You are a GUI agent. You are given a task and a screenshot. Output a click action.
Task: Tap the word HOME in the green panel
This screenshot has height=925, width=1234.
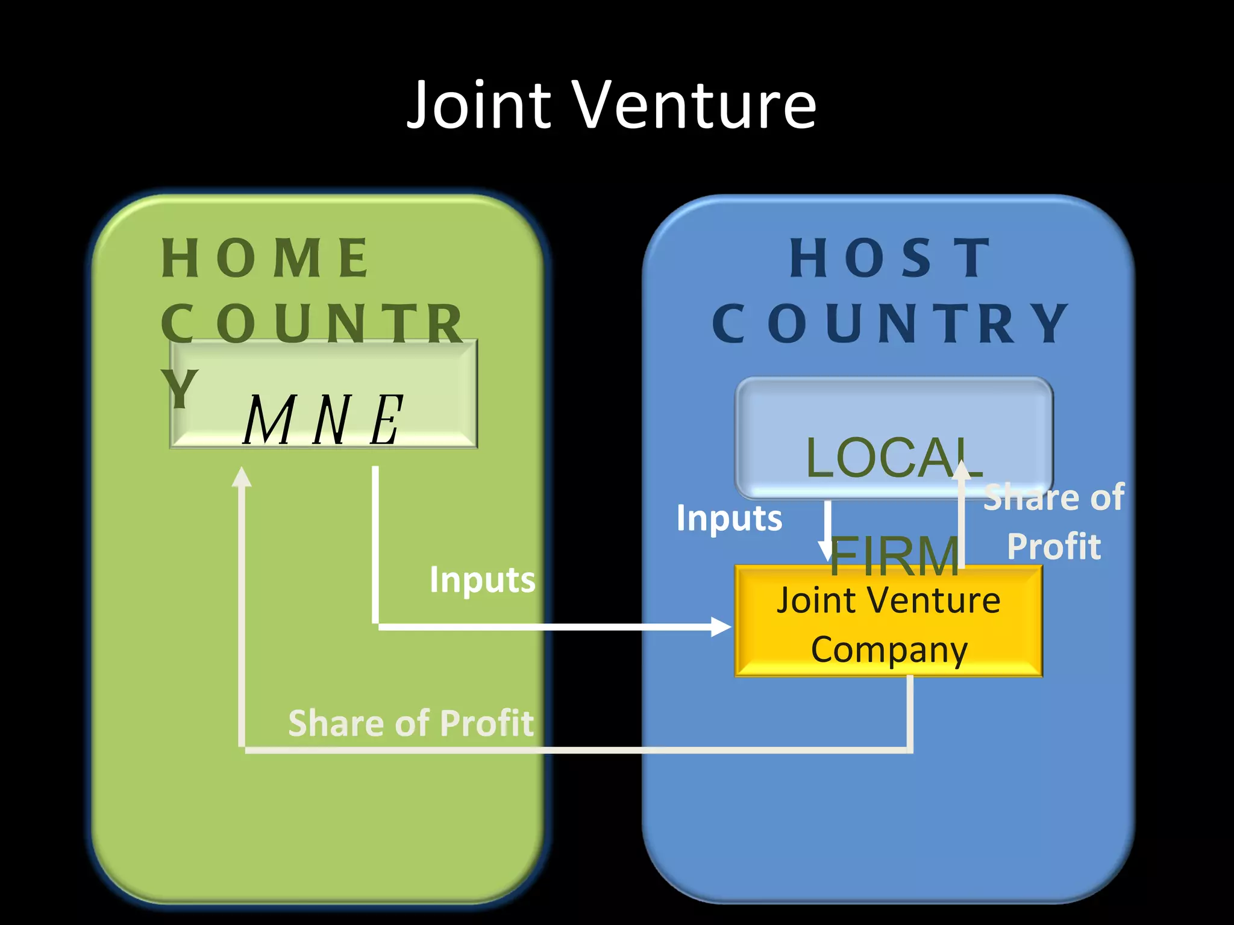(265, 258)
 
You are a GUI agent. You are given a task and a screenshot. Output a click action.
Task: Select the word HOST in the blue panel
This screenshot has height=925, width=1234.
(891, 258)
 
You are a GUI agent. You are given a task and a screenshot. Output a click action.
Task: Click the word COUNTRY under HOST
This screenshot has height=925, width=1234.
(891, 323)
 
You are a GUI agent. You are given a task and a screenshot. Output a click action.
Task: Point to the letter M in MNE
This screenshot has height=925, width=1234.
(269, 420)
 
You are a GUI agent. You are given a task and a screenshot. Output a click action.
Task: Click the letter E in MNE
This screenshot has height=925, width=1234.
(386, 420)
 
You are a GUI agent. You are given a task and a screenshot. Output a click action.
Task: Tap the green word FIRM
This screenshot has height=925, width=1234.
(894, 555)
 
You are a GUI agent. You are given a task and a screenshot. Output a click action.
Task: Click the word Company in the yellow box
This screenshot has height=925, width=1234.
(889, 649)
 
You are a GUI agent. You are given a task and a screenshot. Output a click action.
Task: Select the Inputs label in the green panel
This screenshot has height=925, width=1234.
(482, 580)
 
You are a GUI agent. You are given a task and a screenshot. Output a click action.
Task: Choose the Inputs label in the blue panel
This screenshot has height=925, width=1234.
(729, 518)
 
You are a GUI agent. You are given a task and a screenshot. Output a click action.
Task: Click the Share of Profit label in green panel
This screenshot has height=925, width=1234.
(411, 723)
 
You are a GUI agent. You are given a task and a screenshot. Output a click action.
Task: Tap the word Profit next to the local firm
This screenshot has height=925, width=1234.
(1054, 546)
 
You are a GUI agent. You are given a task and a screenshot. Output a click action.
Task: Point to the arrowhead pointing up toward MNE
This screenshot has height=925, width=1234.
(242, 477)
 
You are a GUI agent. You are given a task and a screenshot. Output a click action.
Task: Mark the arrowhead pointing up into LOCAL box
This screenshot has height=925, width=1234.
(962, 469)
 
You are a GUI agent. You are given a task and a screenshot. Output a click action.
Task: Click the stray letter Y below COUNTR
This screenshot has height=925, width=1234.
(179, 388)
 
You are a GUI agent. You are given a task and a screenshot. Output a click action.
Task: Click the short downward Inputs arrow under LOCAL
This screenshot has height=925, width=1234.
(827, 530)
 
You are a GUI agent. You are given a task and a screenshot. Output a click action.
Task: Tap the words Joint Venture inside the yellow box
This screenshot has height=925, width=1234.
(889, 600)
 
